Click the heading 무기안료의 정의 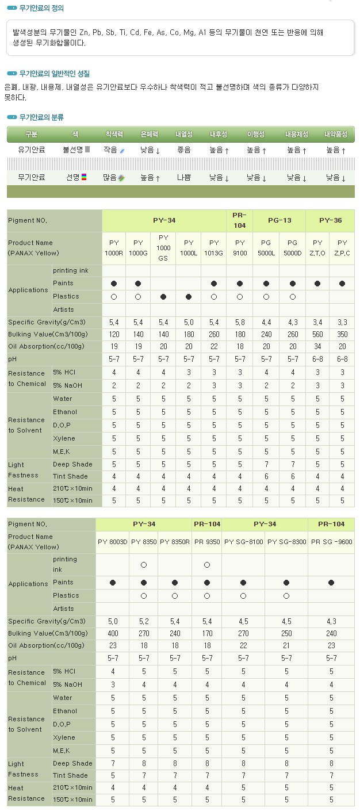41,8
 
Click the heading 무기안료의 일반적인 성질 54,74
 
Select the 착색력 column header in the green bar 114,135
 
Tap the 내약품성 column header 336,135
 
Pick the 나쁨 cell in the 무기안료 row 184,178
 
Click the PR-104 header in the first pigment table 240,220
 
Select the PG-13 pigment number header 279,220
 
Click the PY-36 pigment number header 330,220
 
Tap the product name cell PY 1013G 214,247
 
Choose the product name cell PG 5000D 292,247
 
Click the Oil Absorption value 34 317,346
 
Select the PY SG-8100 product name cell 243,542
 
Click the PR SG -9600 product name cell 331,542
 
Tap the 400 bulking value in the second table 113,633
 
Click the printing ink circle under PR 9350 207,565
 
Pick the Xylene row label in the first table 64,438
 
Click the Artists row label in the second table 63,609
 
